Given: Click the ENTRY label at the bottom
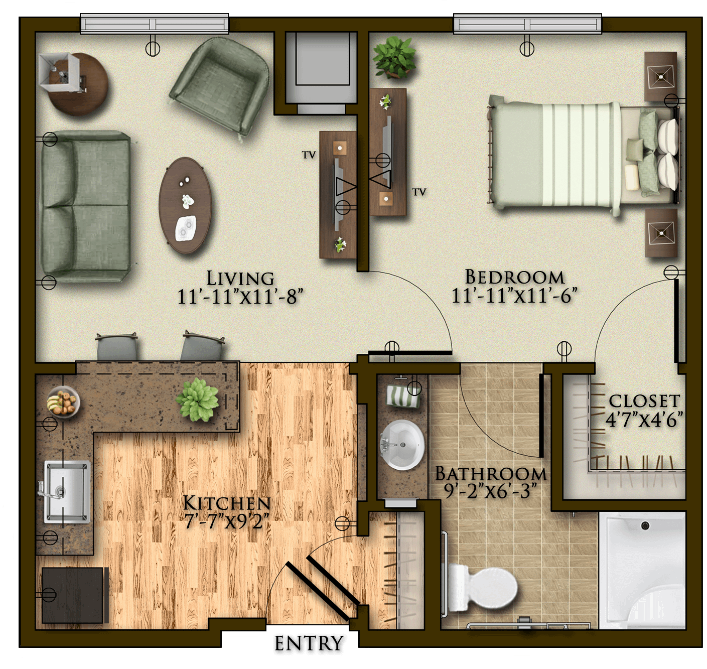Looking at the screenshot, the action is tap(309, 643).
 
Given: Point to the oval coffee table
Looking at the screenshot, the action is tap(185, 205).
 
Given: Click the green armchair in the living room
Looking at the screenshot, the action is tap(220, 86).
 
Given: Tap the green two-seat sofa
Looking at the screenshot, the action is tap(85, 206).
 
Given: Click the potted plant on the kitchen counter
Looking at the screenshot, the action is tap(197, 399).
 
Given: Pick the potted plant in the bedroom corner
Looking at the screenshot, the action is tap(394, 58).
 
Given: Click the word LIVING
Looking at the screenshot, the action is tap(240, 278).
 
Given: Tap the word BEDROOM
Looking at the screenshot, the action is tap(514, 277).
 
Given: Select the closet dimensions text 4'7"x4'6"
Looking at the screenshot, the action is tap(643, 419).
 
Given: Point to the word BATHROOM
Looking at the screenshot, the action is tap(491, 474).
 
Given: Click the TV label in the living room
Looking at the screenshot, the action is tap(309, 155).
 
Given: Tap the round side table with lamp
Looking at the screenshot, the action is tap(73, 83).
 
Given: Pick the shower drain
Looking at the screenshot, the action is tap(645, 525).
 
